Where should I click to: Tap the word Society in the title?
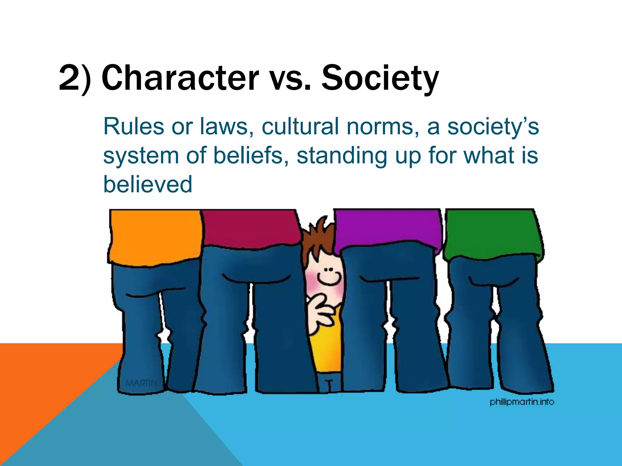380,78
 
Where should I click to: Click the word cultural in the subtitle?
300,127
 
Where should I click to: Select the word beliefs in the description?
248,155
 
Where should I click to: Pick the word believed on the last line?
148,184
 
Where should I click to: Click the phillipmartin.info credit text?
522,402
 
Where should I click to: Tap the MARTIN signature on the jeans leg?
141,383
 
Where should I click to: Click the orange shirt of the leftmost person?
155,237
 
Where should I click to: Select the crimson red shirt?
251,228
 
